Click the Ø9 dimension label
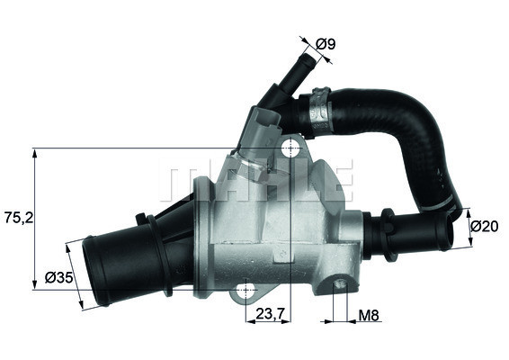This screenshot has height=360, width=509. [326, 41]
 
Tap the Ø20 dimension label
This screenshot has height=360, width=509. [486, 225]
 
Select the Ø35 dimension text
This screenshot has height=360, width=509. [58, 278]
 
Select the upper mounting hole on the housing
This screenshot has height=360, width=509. [289, 149]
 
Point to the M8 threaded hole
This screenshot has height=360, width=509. [341, 286]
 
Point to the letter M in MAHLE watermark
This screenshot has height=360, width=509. [179, 181]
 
